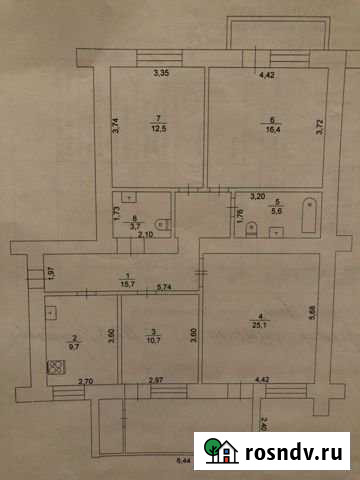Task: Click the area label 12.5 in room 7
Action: [x=157, y=128]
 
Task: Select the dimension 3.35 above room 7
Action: [x=159, y=73]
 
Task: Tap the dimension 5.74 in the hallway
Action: [x=166, y=288]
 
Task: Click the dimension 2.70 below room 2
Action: [x=86, y=382]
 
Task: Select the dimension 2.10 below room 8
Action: [x=144, y=235]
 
